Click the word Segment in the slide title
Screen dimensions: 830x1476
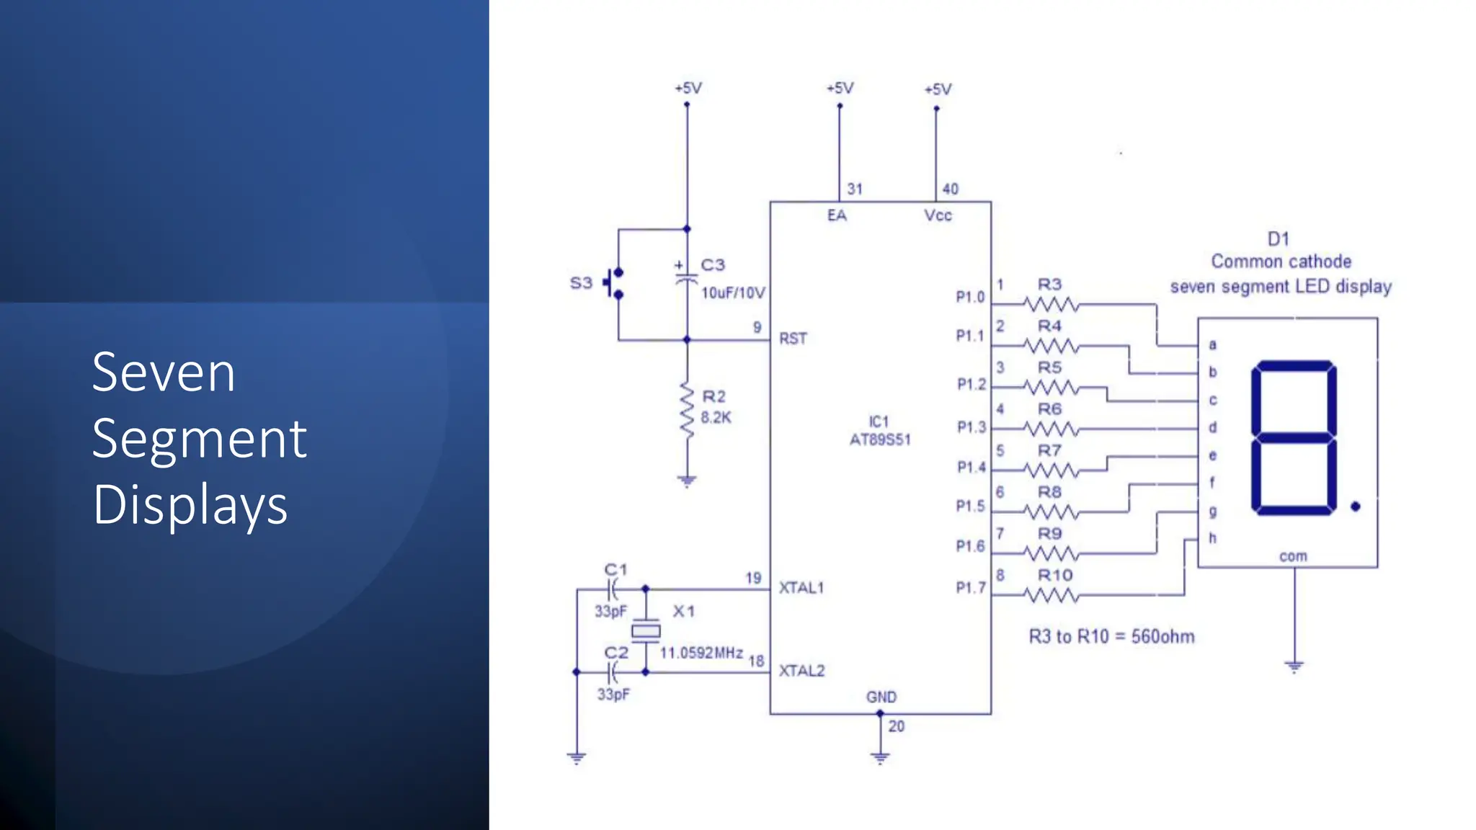pyautogui.click(x=199, y=439)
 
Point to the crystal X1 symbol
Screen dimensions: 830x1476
pyautogui.click(x=646, y=631)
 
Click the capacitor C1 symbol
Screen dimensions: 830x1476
pyautogui.click(x=613, y=590)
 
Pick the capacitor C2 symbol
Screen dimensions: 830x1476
pyautogui.click(x=613, y=673)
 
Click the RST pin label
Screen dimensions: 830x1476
pyautogui.click(x=793, y=339)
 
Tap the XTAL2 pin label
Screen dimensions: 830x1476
pyautogui.click(x=801, y=671)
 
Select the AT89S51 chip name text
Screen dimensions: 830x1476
pyautogui.click(x=880, y=439)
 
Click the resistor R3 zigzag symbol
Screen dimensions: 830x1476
pyautogui.click(x=1050, y=305)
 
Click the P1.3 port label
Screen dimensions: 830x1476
pyautogui.click(x=971, y=427)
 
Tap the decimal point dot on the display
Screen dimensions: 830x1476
pyautogui.click(x=1355, y=507)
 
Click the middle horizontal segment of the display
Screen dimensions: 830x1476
pyautogui.click(x=1294, y=437)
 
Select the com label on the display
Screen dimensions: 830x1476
pyautogui.click(x=1293, y=556)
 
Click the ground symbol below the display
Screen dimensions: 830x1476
pyautogui.click(x=1294, y=666)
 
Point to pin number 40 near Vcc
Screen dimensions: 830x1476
pyautogui.click(x=951, y=189)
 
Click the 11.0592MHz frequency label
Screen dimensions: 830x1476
pyautogui.click(x=701, y=653)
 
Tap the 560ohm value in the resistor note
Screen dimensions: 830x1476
pyautogui.click(x=1162, y=637)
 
